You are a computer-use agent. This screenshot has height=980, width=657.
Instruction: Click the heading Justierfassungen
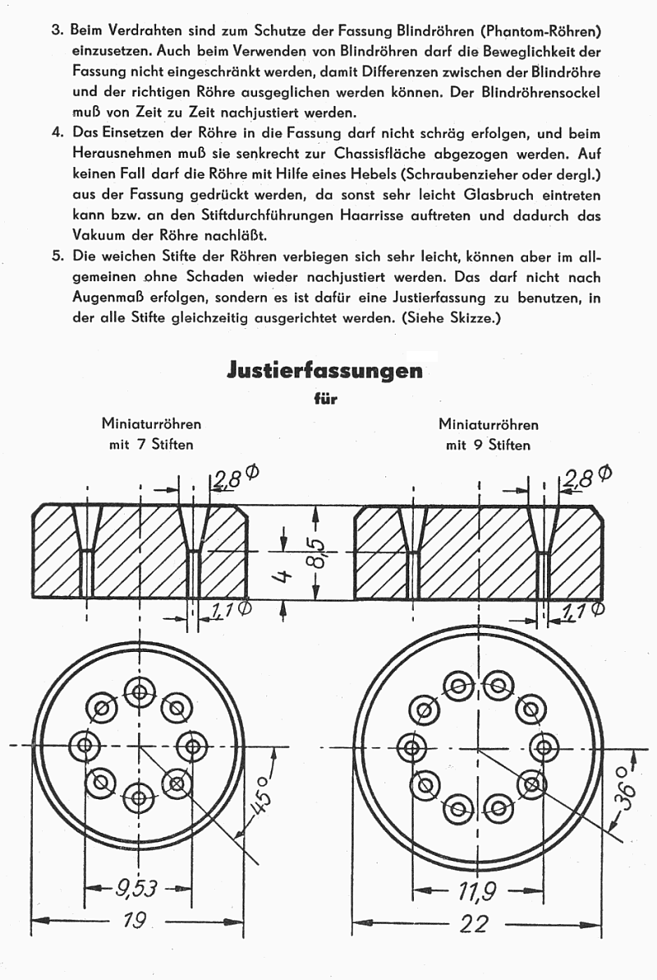click(x=324, y=371)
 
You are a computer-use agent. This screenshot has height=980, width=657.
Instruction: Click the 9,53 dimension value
click(x=136, y=886)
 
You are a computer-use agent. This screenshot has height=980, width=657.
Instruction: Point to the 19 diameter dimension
click(x=139, y=920)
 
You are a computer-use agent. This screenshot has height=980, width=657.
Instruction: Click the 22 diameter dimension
click(x=475, y=923)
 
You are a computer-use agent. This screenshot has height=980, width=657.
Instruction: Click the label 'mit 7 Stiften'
click(x=151, y=445)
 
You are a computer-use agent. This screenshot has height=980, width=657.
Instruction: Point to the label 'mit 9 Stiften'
click(x=488, y=445)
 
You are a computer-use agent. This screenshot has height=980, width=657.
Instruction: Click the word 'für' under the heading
click(x=325, y=400)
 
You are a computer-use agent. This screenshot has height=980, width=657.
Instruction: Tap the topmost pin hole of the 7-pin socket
click(x=139, y=692)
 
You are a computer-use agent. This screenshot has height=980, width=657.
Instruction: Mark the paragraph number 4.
click(x=57, y=133)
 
